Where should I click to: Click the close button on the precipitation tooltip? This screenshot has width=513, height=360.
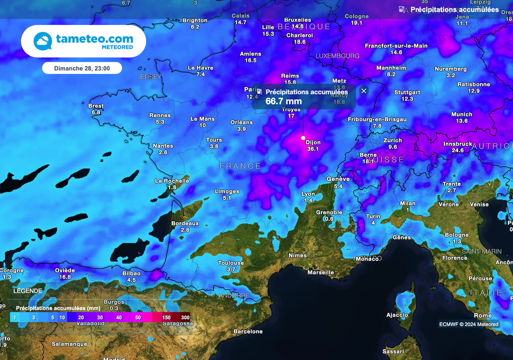coord(364,91)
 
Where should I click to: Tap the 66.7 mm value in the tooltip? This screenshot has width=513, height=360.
coord(284,101)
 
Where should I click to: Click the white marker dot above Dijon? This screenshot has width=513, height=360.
coord(303,137)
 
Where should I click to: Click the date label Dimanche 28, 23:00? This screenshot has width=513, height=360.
coord(82,68)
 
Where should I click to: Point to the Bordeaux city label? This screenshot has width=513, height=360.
coord(185,223)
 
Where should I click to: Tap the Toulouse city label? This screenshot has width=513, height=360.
coord(231,263)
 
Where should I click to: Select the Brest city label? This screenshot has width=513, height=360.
coord(96,106)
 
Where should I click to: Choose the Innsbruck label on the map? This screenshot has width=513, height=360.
coord(457,144)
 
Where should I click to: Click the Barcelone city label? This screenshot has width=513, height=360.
coord(248,331)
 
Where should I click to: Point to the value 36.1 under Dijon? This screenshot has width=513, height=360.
coord(313,149)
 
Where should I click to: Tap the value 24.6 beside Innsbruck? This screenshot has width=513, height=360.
coord(457,150)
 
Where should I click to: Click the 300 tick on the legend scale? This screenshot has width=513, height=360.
coord(185,317)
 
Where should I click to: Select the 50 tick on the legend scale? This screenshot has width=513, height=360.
coord(138,317)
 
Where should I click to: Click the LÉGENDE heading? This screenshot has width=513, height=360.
coord(28,291)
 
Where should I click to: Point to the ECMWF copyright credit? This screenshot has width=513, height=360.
coord(469,324)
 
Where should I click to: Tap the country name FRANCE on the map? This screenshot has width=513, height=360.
coord(240,166)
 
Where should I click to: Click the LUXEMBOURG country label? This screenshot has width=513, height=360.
coord(337,56)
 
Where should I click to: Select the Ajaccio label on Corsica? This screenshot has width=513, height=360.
coord(397,315)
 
